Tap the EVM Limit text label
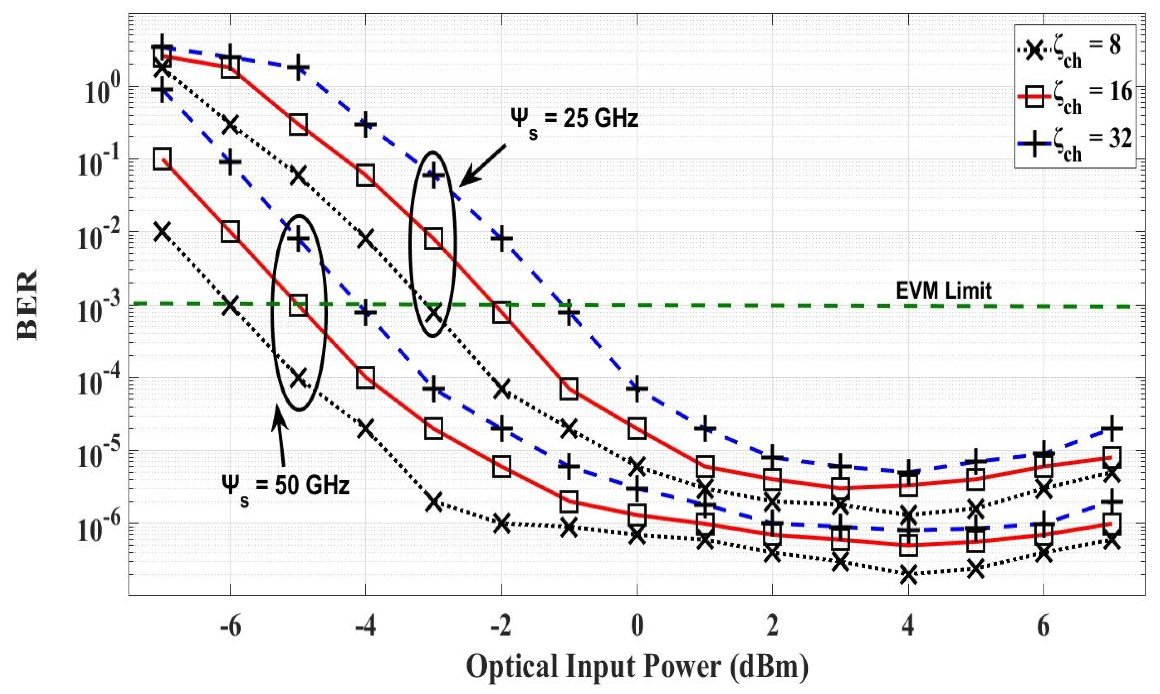(944, 291)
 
